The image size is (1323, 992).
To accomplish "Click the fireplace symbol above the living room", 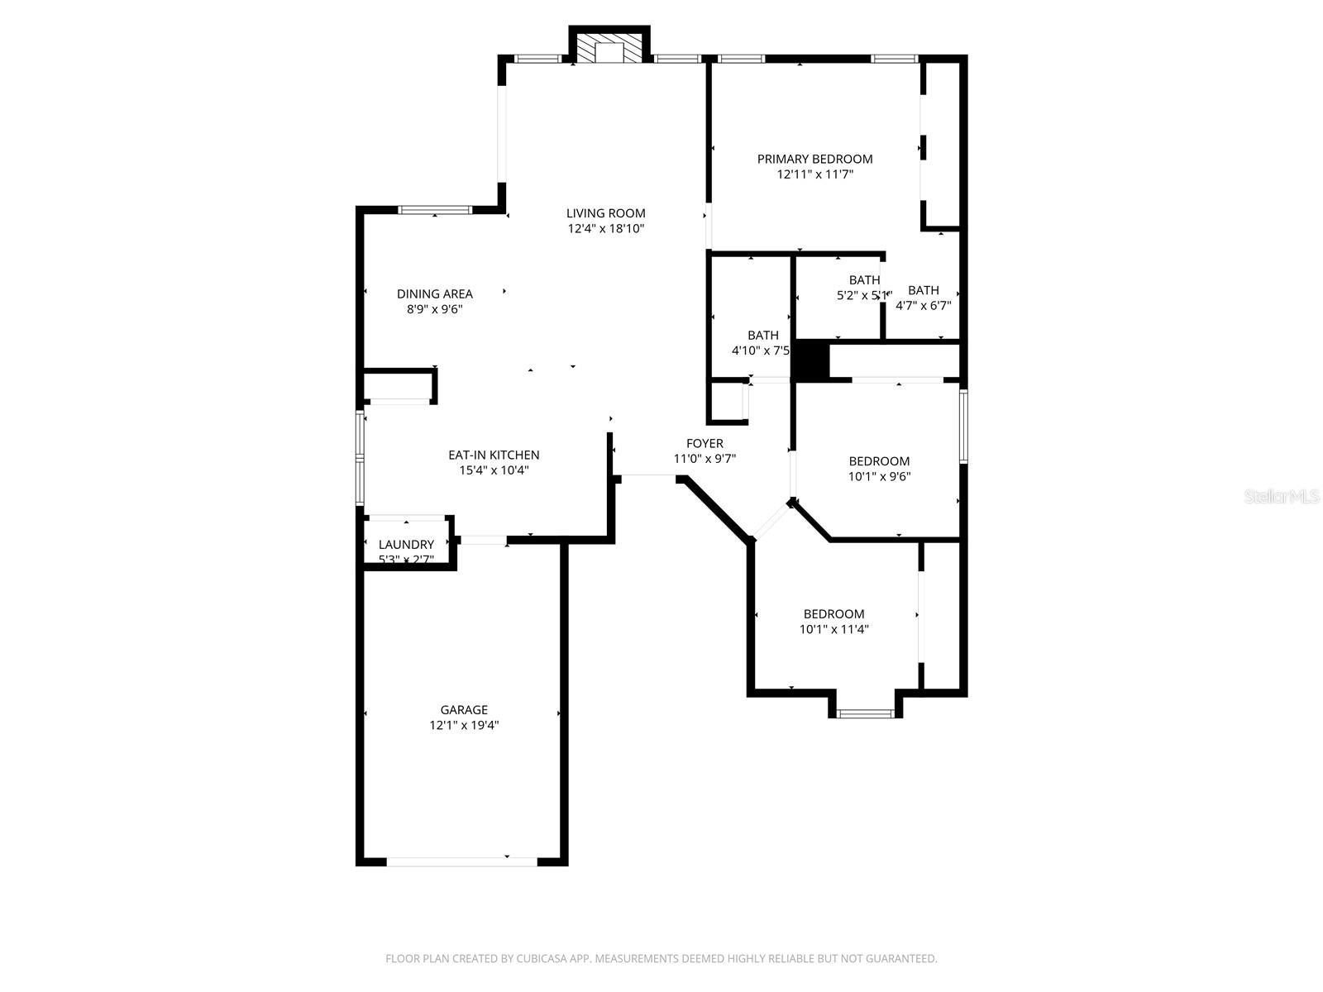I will pyautogui.click(x=609, y=48).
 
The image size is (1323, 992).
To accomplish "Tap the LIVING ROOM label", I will pyautogui.click(x=605, y=213).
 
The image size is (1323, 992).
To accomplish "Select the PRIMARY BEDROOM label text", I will pyautogui.click(x=814, y=159).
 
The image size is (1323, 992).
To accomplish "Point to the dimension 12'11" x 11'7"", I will pyautogui.click(x=814, y=174).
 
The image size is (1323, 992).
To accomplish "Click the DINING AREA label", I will pyautogui.click(x=434, y=293).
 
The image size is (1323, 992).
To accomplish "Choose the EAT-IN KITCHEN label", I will pyautogui.click(x=494, y=455).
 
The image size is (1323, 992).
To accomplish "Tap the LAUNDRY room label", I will pyautogui.click(x=406, y=544).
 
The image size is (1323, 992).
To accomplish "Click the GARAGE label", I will pyautogui.click(x=463, y=709).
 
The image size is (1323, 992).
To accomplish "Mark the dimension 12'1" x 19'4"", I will pyautogui.click(x=463, y=725).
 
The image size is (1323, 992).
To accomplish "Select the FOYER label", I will pyautogui.click(x=704, y=443).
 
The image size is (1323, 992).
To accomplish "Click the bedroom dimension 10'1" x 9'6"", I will pyautogui.click(x=879, y=476).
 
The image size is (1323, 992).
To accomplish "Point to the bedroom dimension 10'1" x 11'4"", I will pyautogui.click(x=833, y=629).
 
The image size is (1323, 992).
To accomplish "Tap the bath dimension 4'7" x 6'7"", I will pyautogui.click(x=923, y=305).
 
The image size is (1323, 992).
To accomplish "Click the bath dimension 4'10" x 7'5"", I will pyautogui.click(x=762, y=351).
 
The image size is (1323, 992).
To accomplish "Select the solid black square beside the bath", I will pyautogui.click(x=810, y=361).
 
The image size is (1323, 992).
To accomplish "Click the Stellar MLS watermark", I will pyautogui.click(x=1282, y=496).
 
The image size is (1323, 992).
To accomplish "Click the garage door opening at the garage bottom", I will pyautogui.click(x=462, y=861).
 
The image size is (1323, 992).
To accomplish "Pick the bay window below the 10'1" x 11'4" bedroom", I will pyautogui.click(x=865, y=713).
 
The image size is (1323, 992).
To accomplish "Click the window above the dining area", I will pyautogui.click(x=435, y=210).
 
